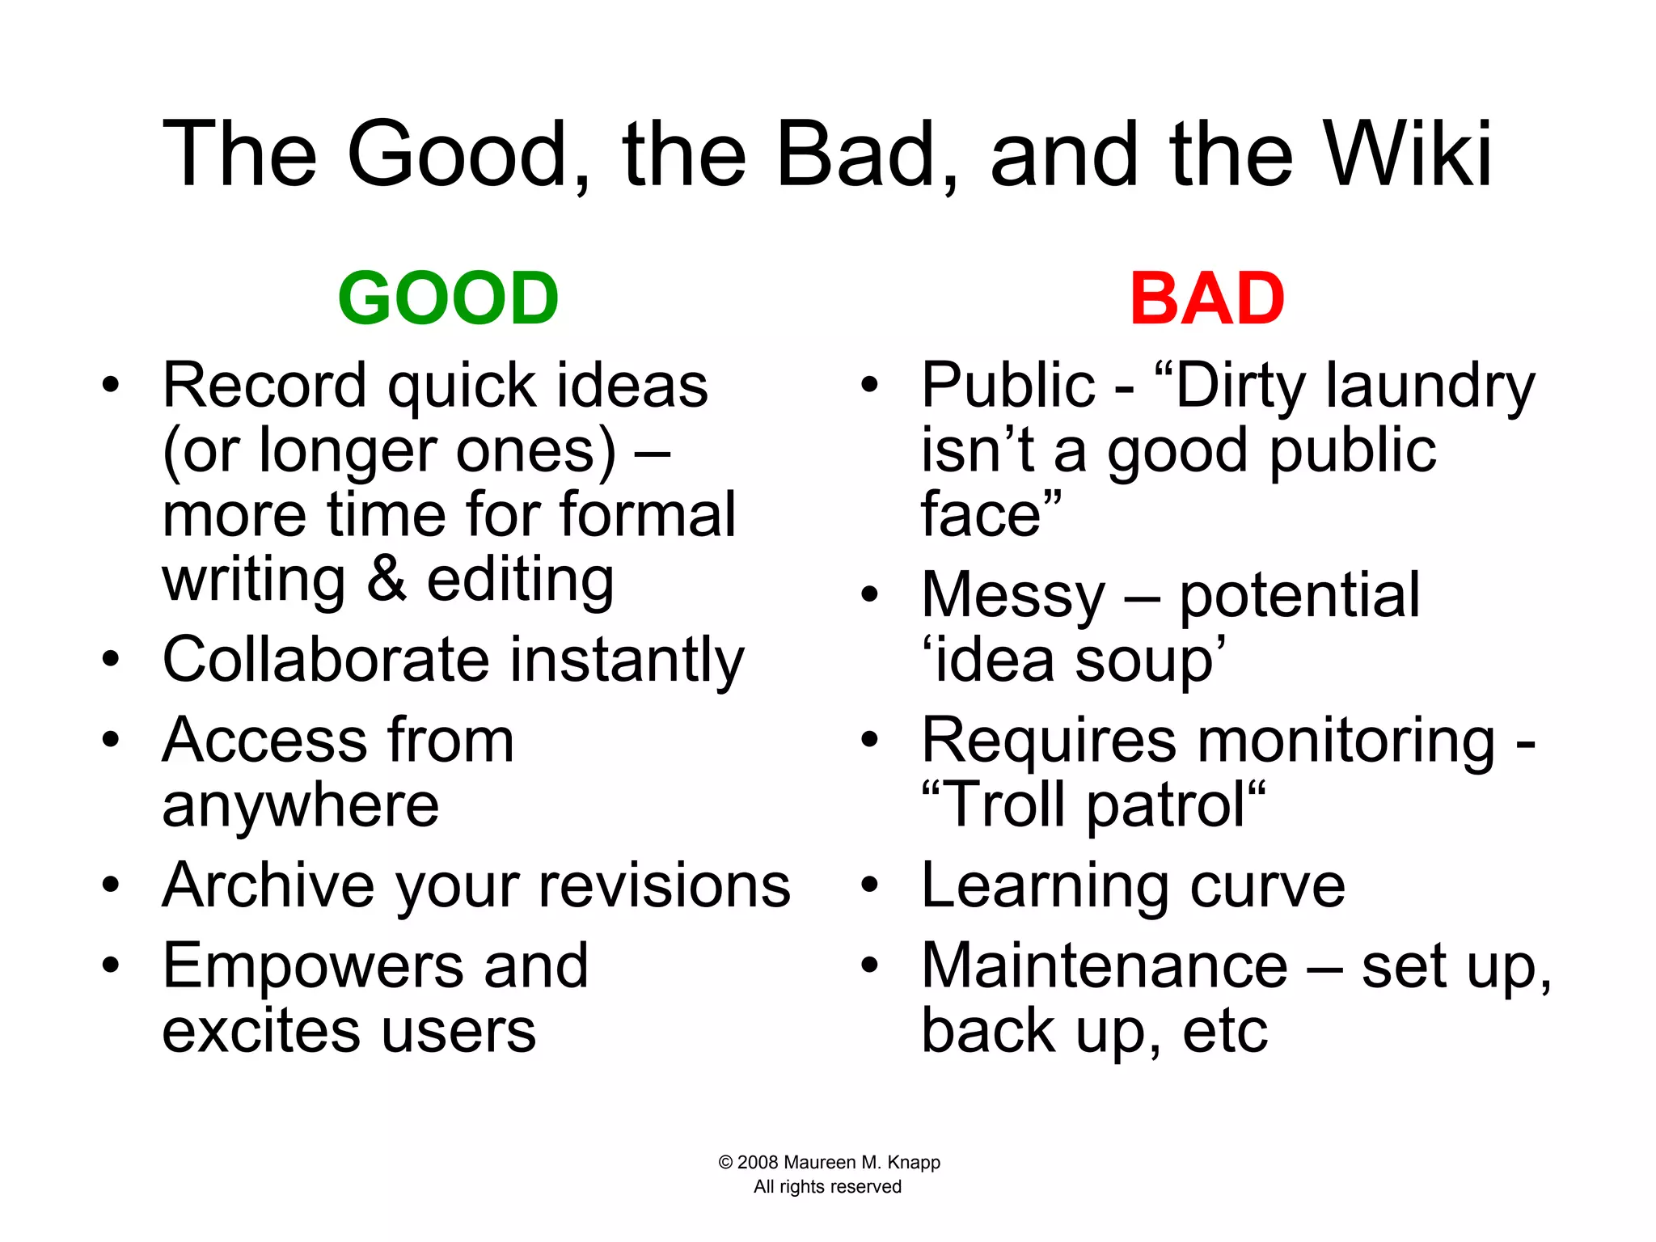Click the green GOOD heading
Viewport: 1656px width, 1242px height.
[448, 298]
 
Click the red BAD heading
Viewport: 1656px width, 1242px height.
[1206, 298]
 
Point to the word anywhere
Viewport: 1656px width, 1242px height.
[301, 805]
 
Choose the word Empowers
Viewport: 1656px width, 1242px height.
[312, 965]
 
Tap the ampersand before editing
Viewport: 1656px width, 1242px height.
[387, 579]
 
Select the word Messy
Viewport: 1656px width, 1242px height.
[1012, 596]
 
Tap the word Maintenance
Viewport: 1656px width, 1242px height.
[1104, 965]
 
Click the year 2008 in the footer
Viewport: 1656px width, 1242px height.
[758, 1163]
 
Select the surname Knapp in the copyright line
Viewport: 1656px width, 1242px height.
[914, 1163]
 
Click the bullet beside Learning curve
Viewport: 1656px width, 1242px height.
[869, 885]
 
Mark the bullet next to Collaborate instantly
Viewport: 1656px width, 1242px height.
[111, 658]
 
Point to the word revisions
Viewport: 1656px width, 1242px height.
[665, 886]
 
